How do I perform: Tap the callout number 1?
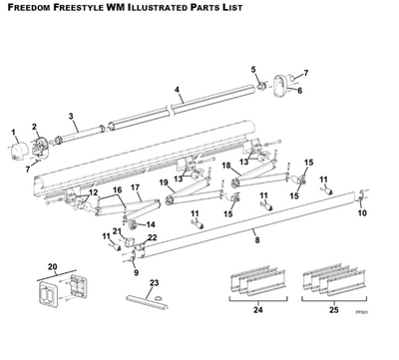tap(14, 132)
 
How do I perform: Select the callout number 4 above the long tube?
tap(177, 90)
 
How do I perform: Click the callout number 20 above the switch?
tap(53, 267)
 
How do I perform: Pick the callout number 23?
tap(153, 283)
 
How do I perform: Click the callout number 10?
tap(362, 212)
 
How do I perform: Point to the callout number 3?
tap(71, 117)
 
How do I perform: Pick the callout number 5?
tap(253, 69)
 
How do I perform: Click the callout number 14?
tap(151, 225)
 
